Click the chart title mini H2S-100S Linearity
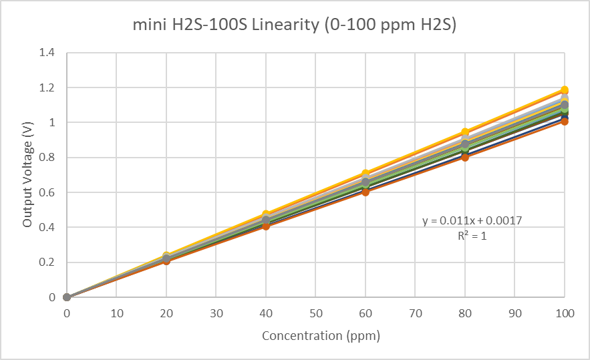click(x=295, y=26)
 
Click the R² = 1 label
click(x=472, y=236)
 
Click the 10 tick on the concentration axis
click(x=116, y=313)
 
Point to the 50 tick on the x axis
click(x=315, y=313)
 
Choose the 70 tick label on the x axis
click(x=415, y=313)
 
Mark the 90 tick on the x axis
click(x=514, y=313)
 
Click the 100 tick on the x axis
click(x=565, y=313)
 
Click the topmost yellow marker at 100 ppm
click(x=565, y=90)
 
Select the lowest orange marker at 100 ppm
click(x=565, y=122)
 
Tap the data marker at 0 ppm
click(x=67, y=297)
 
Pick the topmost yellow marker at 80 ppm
click(x=465, y=132)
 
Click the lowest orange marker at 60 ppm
click(x=365, y=192)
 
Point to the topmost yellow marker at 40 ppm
click(x=266, y=214)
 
